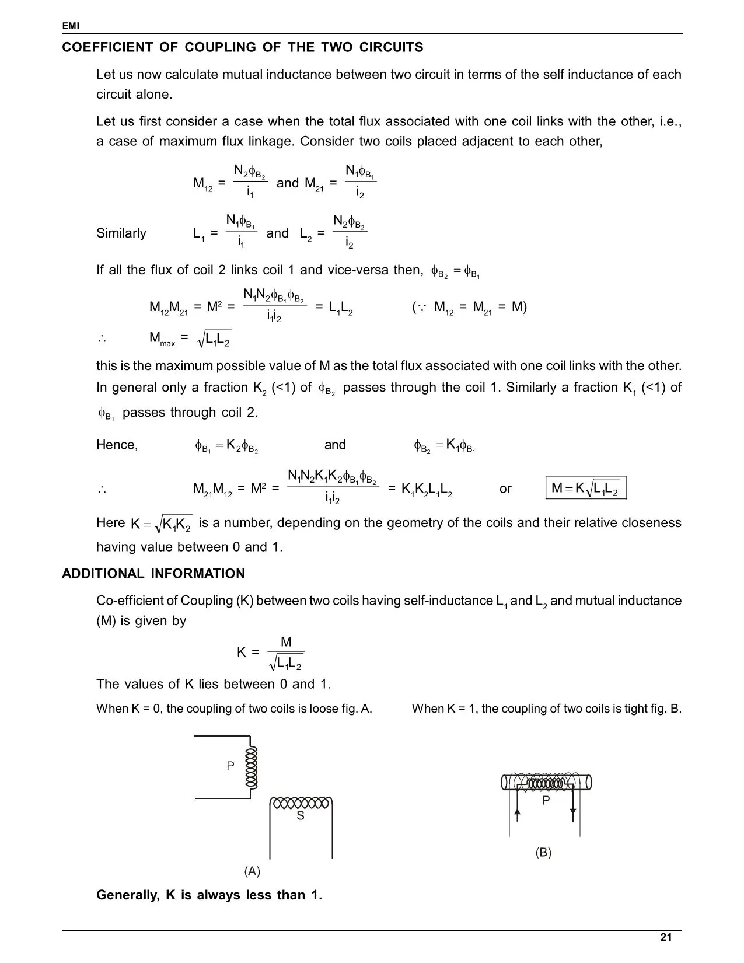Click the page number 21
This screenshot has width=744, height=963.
coord(666,937)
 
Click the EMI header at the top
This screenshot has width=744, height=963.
coord(71,26)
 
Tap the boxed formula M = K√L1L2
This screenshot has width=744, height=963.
coord(586,489)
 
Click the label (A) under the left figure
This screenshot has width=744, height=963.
coord(252,871)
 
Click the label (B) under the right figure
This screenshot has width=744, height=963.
coord(543,852)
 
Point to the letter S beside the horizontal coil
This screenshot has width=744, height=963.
coord(300,816)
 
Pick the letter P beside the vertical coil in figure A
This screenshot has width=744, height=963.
coord(230,766)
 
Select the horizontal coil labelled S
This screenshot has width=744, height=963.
coord(301,803)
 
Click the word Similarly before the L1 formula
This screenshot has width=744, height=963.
coord(121,233)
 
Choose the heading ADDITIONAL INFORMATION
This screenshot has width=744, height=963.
coord(153,574)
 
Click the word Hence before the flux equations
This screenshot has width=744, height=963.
coord(117,445)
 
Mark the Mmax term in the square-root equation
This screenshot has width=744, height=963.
coord(162,339)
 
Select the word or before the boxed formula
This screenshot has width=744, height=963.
coord(505,489)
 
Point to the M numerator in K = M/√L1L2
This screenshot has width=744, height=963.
coord(286,642)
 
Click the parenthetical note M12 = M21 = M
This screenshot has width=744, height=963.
coord(469,307)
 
